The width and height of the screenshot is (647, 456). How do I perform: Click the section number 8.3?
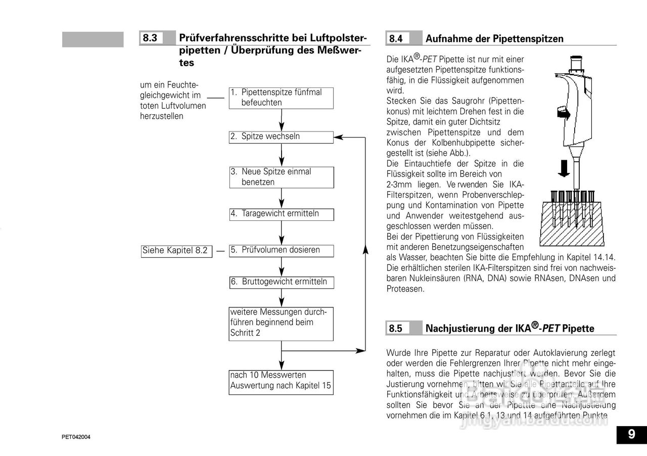pos(150,38)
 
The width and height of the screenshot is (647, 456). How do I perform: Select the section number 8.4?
pos(396,38)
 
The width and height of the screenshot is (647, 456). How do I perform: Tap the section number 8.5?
pos(396,328)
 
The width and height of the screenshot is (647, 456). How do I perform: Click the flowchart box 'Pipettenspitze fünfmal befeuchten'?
pos(282,98)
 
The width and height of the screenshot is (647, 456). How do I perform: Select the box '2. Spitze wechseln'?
pos(282,136)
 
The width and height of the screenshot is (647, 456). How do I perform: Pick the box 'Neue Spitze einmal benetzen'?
pos(282,177)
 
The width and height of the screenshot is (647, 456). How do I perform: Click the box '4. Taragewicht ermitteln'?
pos(282,214)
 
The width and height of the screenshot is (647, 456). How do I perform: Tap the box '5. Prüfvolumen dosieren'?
pos(282,250)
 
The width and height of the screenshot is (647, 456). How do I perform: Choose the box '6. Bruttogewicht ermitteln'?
pos(282,282)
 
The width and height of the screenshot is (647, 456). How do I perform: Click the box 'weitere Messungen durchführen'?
pos(282,323)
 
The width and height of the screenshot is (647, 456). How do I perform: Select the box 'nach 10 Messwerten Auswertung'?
pos(282,381)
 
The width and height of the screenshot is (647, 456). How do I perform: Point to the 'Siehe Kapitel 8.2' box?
pos(175,250)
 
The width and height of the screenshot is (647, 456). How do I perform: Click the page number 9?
pos(631,435)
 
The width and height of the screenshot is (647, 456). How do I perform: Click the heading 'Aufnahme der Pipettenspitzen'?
pos(494,39)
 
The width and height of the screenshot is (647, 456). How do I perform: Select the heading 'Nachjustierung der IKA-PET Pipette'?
pos(510,328)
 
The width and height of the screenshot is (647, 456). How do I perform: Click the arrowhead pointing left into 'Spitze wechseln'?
pos(338,136)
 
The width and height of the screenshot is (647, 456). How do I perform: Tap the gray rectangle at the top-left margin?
pos(93,39)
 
